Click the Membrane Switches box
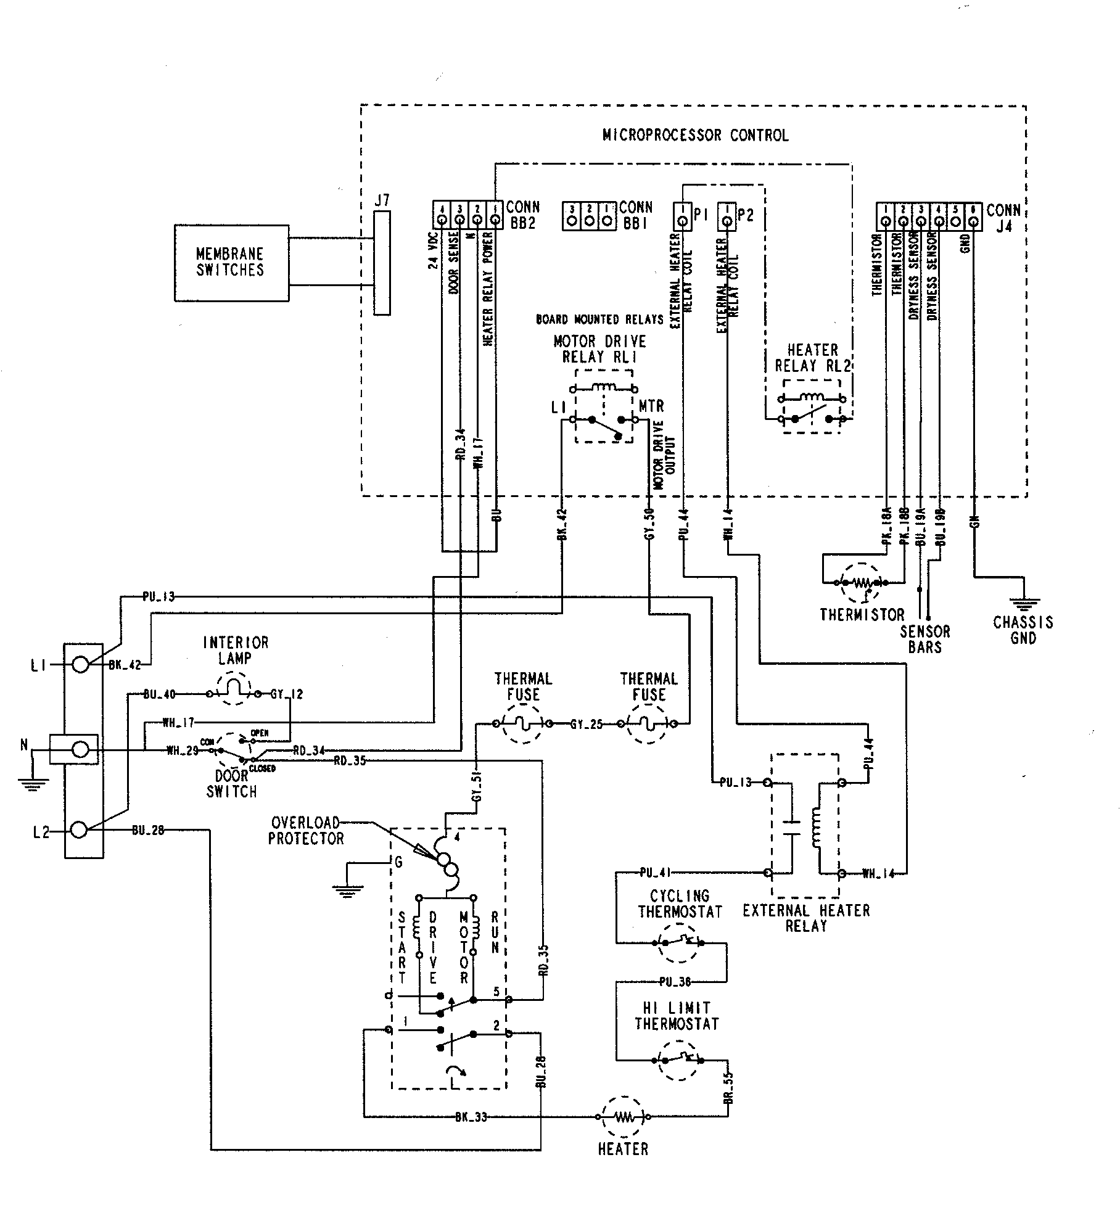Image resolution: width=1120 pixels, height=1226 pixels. pyautogui.click(x=231, y=263)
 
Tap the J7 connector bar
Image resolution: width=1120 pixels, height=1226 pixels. pyautogui.click(x=382, y=263)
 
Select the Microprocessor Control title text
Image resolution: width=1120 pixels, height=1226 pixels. pyautogui.click(x=695, y=135)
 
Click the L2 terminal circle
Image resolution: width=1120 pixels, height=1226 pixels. pyautogui.click(x=79, y=830)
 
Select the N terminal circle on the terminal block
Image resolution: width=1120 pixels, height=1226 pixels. pyautogui.click(x=80, y=749)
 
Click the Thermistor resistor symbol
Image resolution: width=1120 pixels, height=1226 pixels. pyautogui.click(x=862, y=582)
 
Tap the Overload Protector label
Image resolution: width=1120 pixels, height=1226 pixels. pyautogui.click(x=305, y=831)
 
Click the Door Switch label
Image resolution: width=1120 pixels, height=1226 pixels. pyautogui.click(x=231, y=783)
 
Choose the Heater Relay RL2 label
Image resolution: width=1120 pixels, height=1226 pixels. pyautogui.click(x=812, y=358)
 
